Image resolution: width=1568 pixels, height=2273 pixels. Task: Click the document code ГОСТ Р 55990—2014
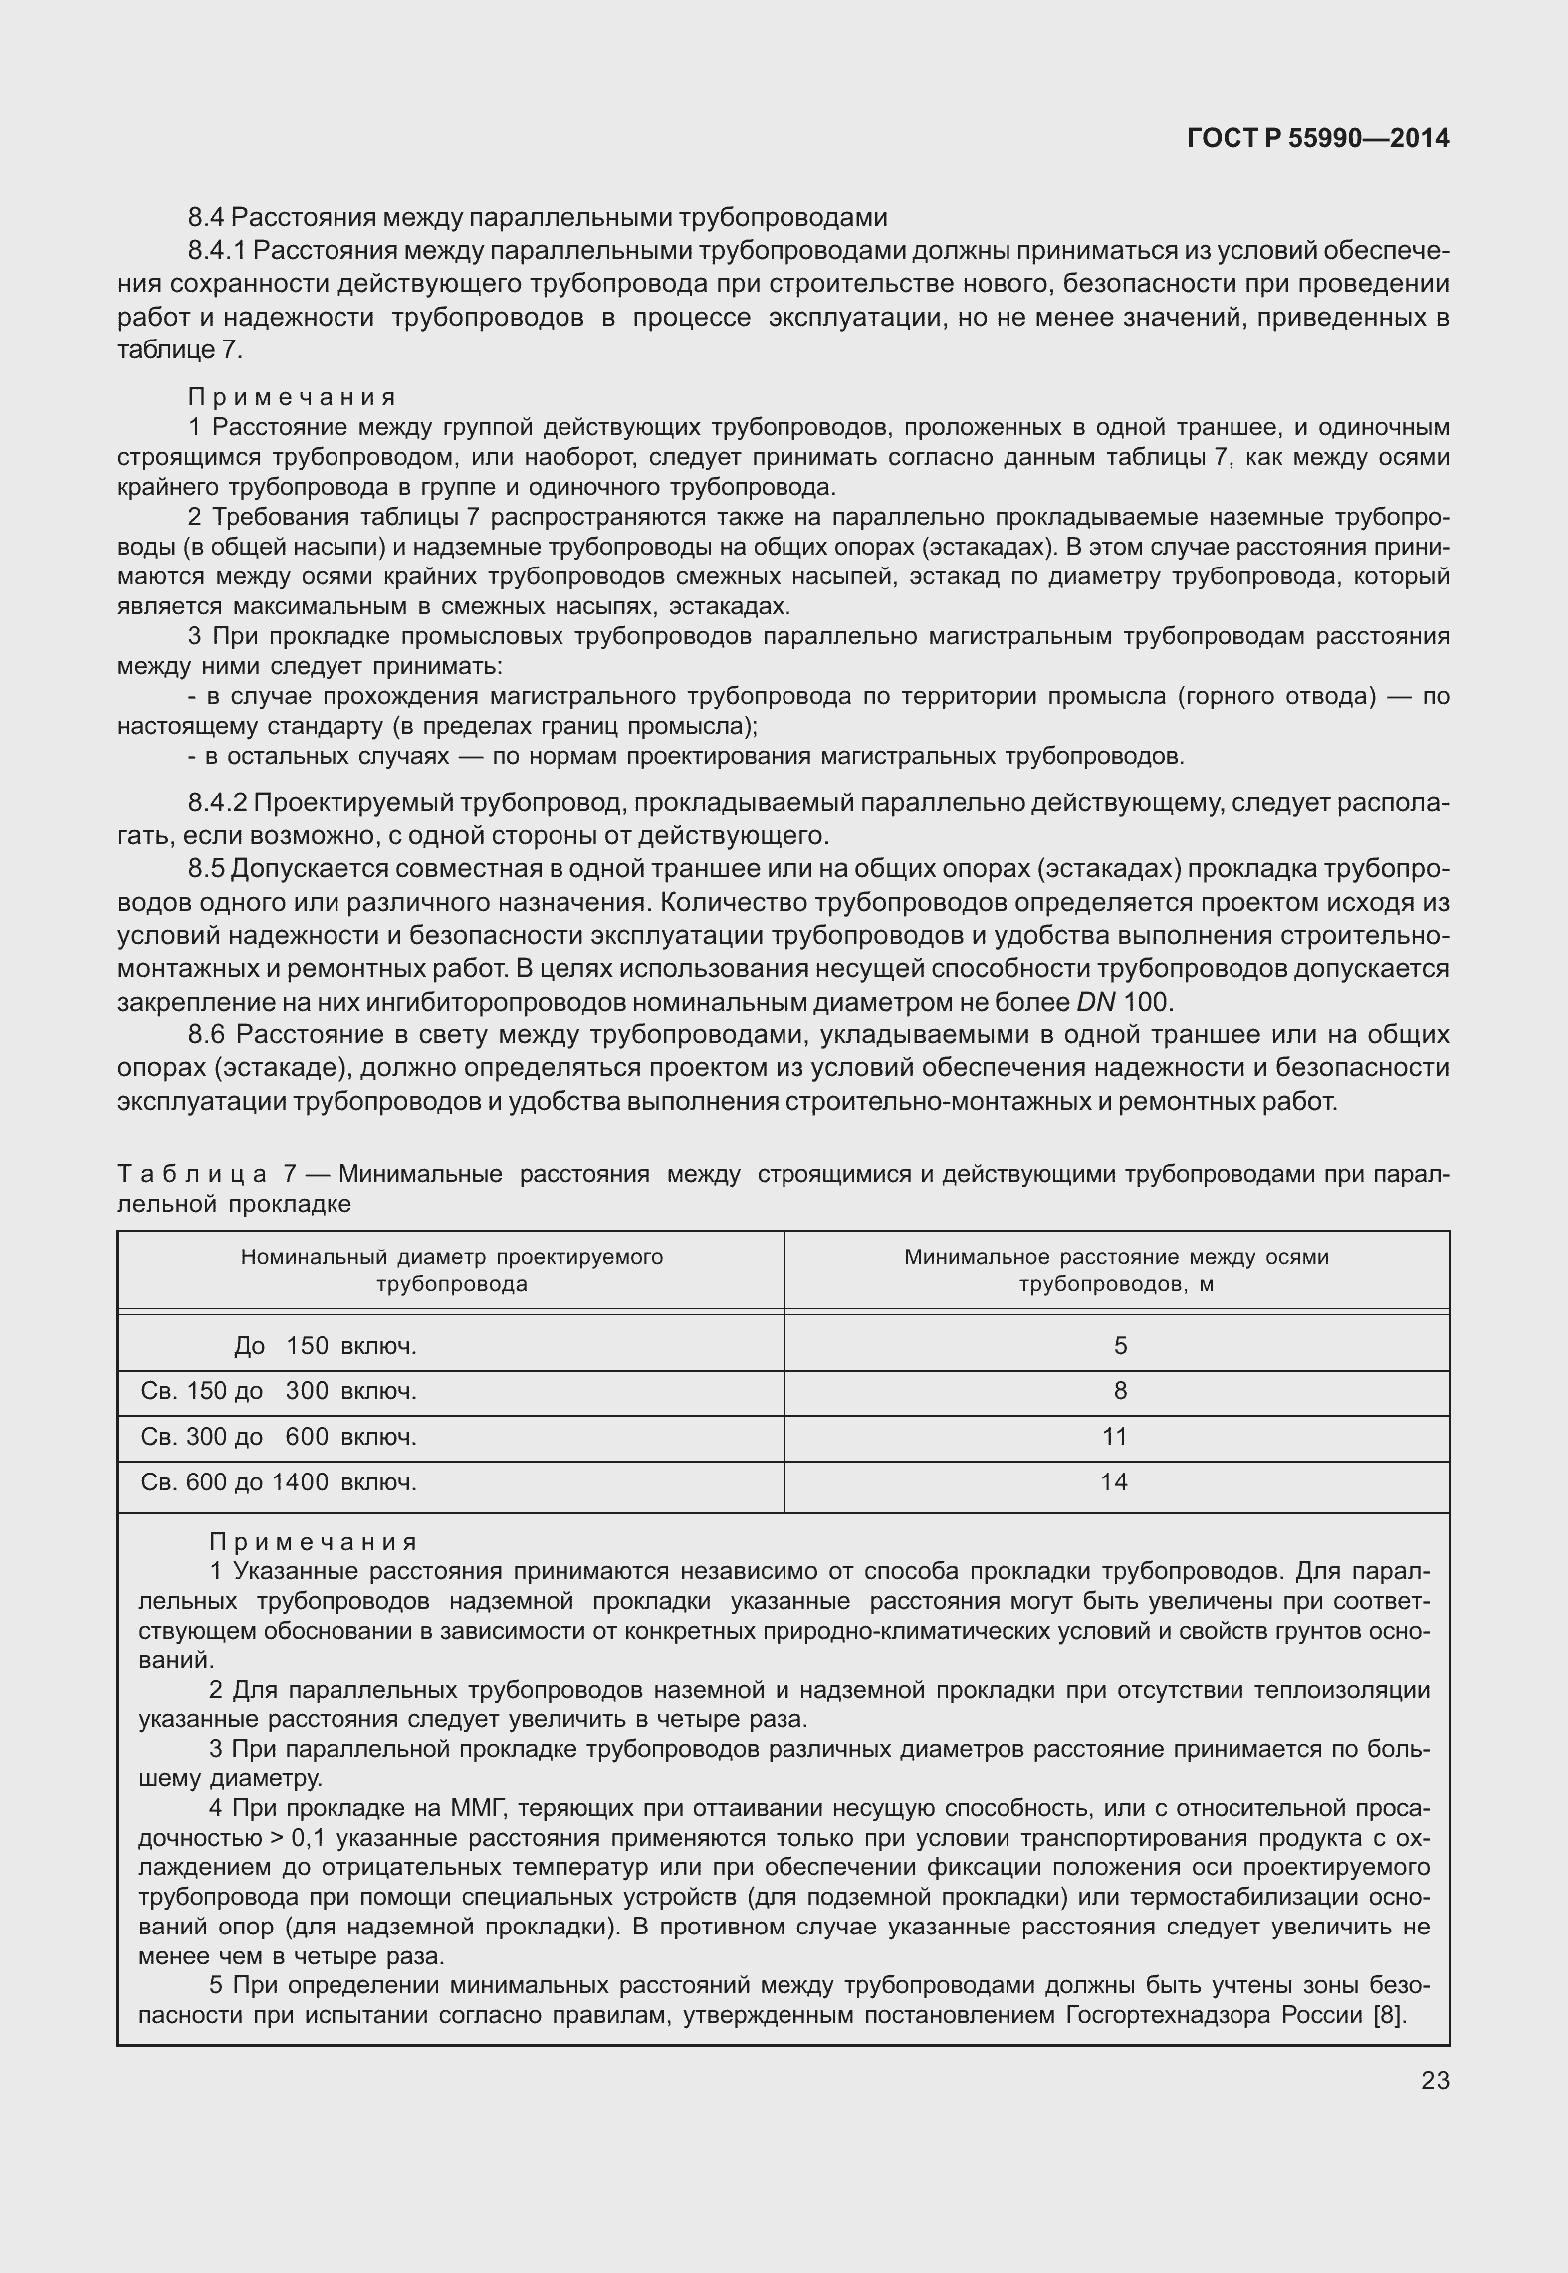coord(1318,139)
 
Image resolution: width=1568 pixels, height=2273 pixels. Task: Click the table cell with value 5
coord(1120,1346)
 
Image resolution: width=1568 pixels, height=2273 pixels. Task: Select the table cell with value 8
coord(1120,1391)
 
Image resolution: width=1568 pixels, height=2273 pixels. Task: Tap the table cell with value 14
coord(1114,1482)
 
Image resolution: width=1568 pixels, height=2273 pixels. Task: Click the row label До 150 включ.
coord(326,1346)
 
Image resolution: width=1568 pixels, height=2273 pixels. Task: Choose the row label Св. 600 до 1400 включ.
coord(279,1482)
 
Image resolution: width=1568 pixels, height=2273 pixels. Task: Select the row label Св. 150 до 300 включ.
coord(279,1391)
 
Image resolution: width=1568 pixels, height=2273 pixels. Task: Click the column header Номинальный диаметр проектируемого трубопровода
coord(452,1270)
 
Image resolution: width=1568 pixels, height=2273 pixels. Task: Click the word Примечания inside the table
coord(313,1542)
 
